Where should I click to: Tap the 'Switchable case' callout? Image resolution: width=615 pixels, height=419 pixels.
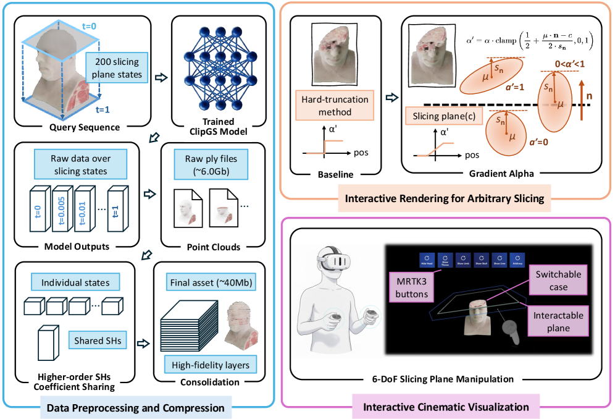[x=558, y=281]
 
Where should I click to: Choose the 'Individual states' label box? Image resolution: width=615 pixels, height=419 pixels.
[x=75, y=282]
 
